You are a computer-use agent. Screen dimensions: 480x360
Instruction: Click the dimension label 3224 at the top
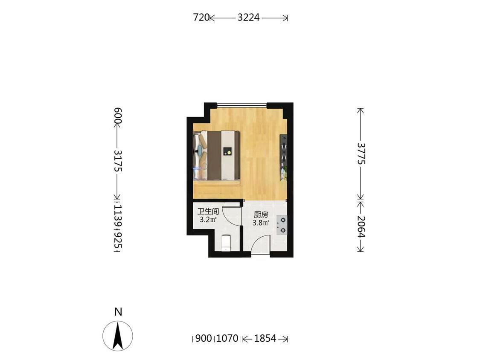click(249, 17)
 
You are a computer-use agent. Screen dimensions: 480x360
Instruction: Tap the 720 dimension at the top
click(201, 17)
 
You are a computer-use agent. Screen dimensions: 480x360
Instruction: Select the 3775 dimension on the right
click(361, 154)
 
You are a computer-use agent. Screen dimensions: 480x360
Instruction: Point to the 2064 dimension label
click(361, 226)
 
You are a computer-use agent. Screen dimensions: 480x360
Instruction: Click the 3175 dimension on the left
click(118, 161)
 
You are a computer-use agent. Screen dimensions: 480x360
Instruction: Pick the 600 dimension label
click(118, 116)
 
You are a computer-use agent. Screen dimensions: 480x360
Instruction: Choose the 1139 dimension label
click(118, 216)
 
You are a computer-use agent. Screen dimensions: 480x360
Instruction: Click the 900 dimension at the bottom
click(204, 338)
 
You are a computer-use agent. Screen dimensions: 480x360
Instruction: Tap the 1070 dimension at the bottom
click(227, 338)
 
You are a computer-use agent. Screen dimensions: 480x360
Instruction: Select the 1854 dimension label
click(265, 338)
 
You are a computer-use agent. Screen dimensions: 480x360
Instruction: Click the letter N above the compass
click(118, 312)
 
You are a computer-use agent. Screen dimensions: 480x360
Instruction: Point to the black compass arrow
click(118, 336)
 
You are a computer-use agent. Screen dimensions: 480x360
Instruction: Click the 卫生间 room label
click(208, 212)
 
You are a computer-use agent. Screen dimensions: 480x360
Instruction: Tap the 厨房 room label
click(261, 215)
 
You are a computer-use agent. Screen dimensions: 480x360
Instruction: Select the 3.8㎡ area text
click(261, 223)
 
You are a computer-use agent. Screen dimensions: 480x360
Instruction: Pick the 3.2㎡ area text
click(208, 220)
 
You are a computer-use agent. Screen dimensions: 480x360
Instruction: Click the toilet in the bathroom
click(226, 243)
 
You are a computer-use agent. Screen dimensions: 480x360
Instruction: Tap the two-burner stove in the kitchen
click(282, 225)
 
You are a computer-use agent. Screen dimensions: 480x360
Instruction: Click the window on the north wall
click(242, 106)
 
